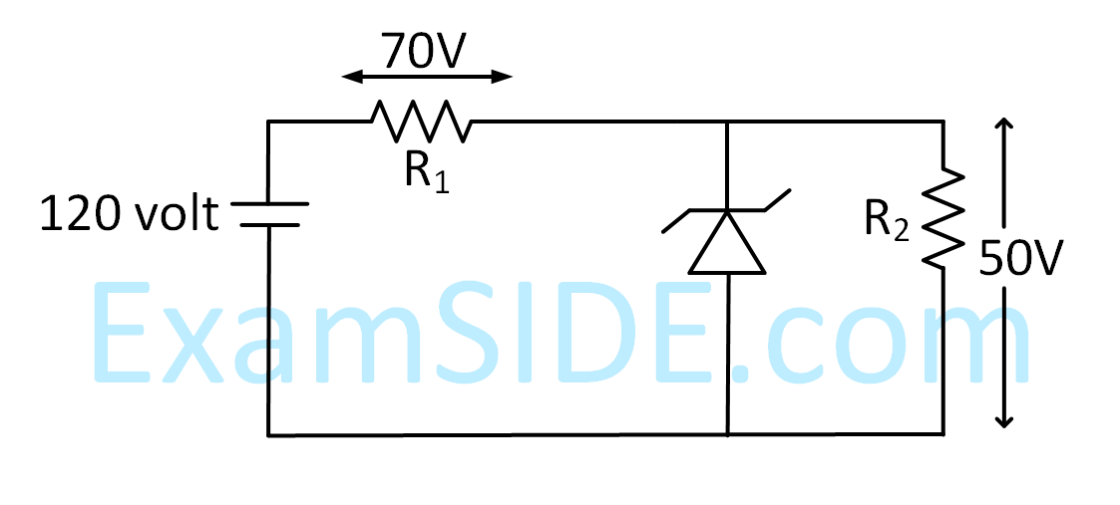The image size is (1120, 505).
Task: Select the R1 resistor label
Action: (x=426, y=171)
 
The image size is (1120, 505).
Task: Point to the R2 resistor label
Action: (x=887, y=221)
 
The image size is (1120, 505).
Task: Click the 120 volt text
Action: (x=129, y=213)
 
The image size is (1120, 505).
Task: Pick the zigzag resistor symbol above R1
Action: (x=420, y=121)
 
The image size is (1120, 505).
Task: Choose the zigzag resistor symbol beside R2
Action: (x=942, y=218)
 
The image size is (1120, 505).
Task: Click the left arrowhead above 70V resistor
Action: (x=347, y=77)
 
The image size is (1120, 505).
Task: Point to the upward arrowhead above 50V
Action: (x=1005, y=125)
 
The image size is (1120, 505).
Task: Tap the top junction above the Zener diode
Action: (x=727, y=122)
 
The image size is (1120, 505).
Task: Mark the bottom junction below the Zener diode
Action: (x=727, y=434)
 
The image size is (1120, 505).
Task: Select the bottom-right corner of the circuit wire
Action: (x=942, y=434)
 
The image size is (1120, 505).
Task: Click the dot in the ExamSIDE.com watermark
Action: (x=741, y=374)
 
